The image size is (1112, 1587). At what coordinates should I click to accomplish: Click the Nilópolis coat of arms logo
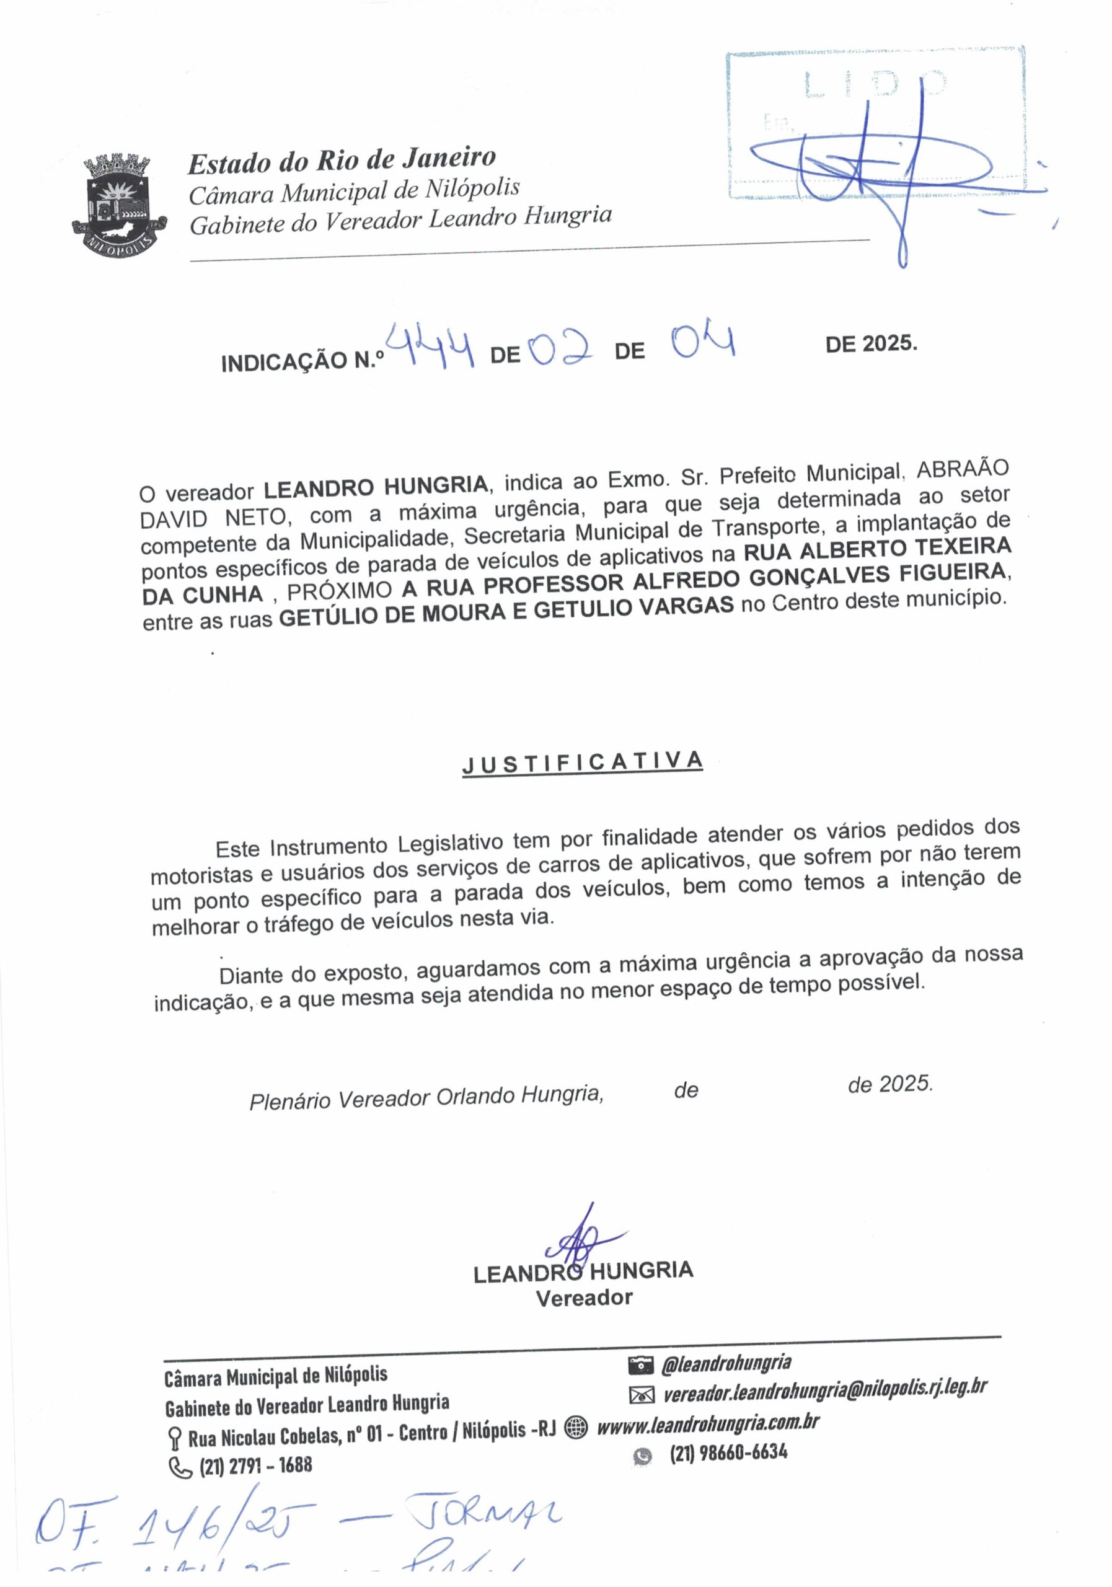pos(118,205)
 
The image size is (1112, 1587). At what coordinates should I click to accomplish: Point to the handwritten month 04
pos(704,342)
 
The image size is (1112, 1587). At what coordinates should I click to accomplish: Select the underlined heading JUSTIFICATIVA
pos(583,763)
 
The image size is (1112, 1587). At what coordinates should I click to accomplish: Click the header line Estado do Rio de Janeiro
pos(342,161)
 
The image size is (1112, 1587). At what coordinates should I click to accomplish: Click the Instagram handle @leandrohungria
pos(726,1363)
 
